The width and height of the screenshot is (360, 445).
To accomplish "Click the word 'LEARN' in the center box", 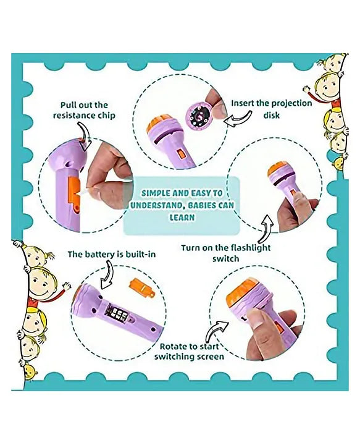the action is pyautogui.click(x=182, y=218).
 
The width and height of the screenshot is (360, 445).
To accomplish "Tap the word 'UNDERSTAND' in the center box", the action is pyautogui.click(x=156, y=205).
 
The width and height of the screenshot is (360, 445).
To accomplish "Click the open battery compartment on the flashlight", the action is pyautogui.click(x=117, y=314).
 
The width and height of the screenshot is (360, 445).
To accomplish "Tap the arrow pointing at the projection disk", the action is pyautogui.click(x=237, y=118).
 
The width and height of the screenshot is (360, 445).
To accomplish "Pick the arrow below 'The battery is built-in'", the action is pyautogui.click(x=107, y=276).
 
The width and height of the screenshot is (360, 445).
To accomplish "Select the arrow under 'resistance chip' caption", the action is pyautogui.click(x=84, y=137).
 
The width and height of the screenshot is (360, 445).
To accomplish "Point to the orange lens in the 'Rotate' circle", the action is pyautogui.click(x=241, y=295).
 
